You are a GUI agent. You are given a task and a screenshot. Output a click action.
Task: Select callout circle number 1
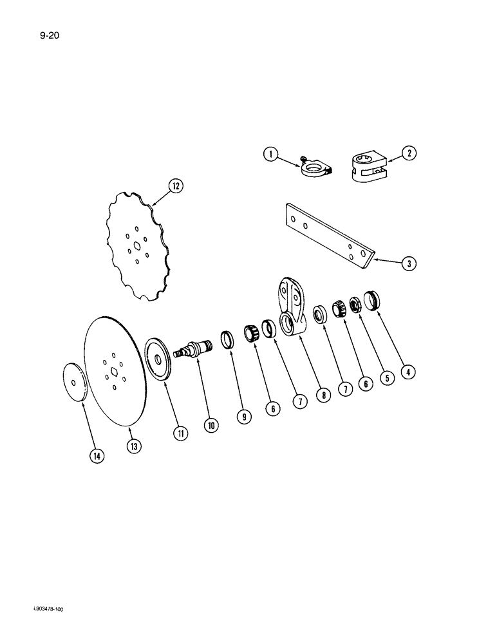coord(271,154)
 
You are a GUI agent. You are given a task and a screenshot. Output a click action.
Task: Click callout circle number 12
coord(176,186)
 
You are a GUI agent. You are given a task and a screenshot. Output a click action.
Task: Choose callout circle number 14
coord(96,455)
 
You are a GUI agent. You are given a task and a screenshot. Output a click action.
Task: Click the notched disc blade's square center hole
coord(136,244)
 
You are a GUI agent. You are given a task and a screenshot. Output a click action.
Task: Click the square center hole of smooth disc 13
coord(113,370)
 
